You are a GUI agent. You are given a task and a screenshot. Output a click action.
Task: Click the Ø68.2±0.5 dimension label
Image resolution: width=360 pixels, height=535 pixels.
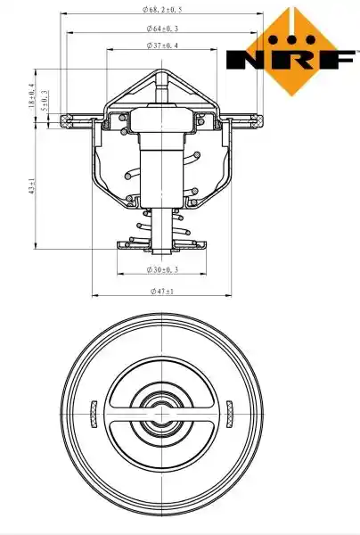pyautogui.click(x=162, y=10)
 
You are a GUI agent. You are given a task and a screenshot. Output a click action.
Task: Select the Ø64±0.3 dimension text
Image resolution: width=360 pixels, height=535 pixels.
pyautogui.click(x=162, y=29)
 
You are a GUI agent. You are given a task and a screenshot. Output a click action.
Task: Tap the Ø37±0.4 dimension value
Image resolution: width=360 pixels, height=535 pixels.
pyautogui.click(x=162, y=45)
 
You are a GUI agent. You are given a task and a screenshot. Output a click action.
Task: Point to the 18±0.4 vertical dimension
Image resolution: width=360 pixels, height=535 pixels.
pyautogui.click(x=32, y=96)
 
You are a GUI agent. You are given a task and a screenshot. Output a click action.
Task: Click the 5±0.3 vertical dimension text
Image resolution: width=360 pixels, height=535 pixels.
pyautogui.click(x=45, y=101)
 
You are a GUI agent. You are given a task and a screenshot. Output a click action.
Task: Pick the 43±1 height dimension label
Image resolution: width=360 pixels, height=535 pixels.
pyautogui.click(x=32, y=186)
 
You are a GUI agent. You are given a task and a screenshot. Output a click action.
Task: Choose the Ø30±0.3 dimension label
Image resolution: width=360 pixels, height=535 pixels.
pyautogui.click(x=162, y=270)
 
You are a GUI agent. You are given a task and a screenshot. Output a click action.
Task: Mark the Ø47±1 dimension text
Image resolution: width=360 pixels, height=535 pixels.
pyautogui.click(x=162, y=292)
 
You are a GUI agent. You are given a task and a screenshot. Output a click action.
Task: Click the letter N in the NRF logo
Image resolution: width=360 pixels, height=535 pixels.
pyautogui.click(x=246, y=60)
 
